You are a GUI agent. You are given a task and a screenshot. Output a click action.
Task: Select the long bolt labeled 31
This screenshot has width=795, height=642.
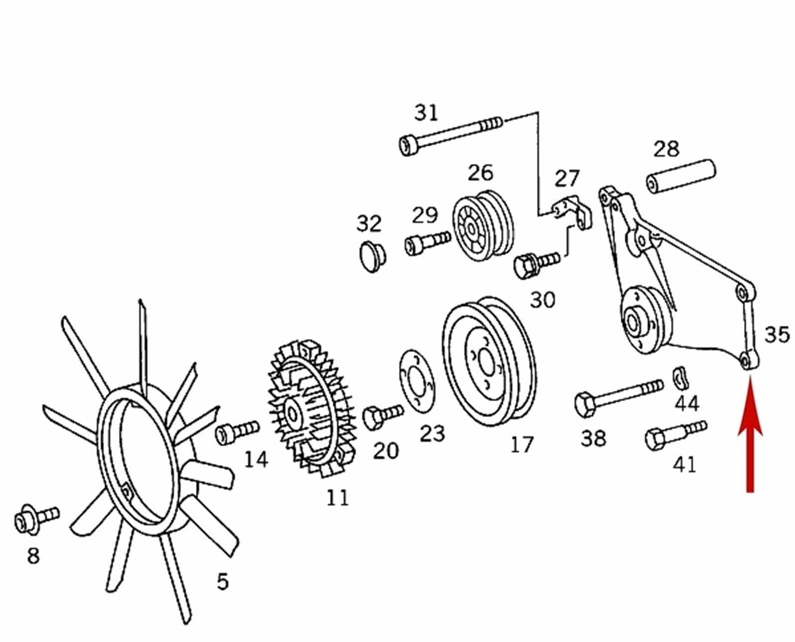(x=451, y=136)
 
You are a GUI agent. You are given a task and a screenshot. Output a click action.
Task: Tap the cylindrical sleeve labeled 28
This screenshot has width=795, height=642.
(x=682, y=177)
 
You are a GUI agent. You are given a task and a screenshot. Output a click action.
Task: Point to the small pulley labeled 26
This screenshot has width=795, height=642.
(x=483, y=226)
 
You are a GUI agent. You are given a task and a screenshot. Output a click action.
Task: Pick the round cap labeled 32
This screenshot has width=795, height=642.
(x=373, y=256)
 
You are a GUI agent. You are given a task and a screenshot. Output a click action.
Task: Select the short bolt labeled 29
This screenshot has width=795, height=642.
(x=427, y=242)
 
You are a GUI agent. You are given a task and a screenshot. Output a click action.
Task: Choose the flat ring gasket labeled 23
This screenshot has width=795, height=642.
(x=417, y=382)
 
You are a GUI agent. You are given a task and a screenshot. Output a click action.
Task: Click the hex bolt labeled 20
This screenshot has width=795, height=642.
(x=383, y=417)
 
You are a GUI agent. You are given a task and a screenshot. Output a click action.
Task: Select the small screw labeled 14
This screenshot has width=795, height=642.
(x=237, y=432)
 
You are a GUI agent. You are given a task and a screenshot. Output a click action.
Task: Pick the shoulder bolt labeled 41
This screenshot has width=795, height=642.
(x=676, y=434)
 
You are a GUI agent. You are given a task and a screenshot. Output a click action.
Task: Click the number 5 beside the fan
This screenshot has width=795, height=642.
(x=223, y=581)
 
